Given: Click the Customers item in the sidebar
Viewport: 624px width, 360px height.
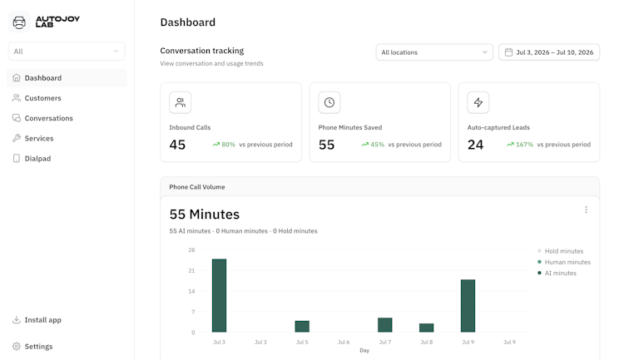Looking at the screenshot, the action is coord(37,98).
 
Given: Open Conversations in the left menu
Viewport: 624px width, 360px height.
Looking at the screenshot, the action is coord(42,118).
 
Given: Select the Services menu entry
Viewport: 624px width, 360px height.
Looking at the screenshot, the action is coord(32,138).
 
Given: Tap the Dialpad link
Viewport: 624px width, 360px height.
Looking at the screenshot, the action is coord(32,158).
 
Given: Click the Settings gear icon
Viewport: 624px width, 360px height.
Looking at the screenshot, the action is coord(17,346).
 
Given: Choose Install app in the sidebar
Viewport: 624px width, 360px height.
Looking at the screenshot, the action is coord(37,320).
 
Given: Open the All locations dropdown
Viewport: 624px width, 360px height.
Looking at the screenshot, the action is coord(434,52).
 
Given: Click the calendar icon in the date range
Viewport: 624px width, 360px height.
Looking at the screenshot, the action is coord(508,52).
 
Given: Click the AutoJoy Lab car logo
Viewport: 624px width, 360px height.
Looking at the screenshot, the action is coord(19,22).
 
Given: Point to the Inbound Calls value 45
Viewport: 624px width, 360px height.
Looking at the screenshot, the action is coord(177,145).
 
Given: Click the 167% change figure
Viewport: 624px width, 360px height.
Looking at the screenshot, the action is coord(524,145).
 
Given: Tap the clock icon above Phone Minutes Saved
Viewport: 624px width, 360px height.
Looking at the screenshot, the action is coord(329,102).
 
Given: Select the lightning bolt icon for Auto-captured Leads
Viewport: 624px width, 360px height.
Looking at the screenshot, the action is coord(478,102).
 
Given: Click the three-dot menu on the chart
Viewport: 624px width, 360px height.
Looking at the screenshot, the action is coord(586,210).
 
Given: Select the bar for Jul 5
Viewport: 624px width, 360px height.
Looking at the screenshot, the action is coord(302,326).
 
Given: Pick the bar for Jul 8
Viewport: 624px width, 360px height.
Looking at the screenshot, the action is coord(426,328).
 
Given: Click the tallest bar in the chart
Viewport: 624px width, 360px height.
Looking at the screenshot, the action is coord(219,295).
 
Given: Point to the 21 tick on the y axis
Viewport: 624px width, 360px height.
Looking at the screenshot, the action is coord(191,270).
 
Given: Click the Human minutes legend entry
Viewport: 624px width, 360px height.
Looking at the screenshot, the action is coord(564,262).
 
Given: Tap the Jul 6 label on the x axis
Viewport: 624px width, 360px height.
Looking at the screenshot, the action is coord(344,342).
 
